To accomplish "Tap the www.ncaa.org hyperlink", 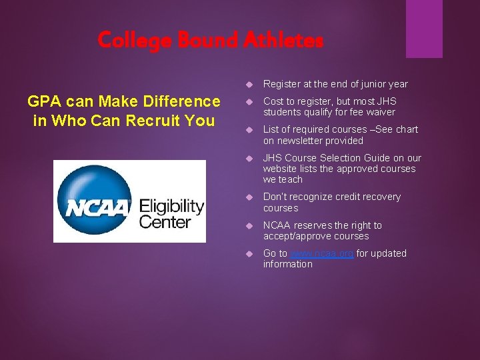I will click(322, 253).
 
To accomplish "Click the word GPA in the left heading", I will click(44, 101).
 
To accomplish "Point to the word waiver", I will click(379, 112).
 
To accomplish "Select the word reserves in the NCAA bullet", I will click(313, 225).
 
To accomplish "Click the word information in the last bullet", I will click(287, 264).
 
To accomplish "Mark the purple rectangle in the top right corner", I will click(425, 28).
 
